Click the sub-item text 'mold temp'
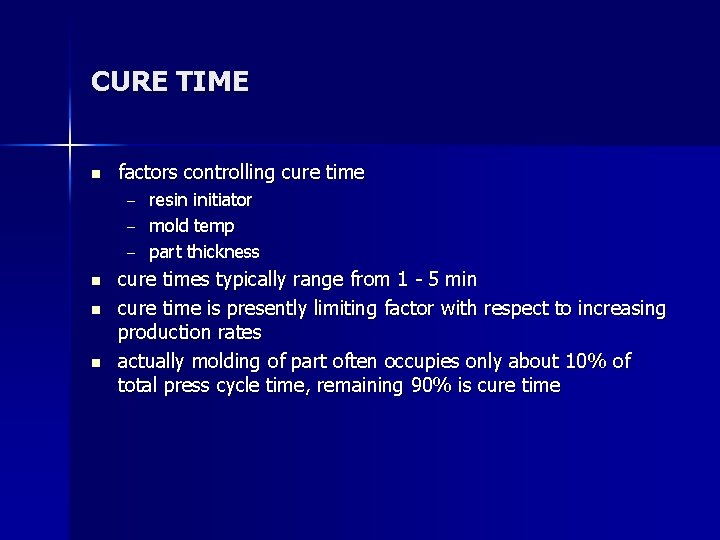[x=192, y=226]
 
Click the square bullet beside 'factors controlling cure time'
[x=95, y=174]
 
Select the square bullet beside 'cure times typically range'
[x=95, y=281]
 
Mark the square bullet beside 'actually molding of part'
[x=95, y=362]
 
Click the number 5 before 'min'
[x=435, y=279]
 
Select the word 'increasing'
[x=620, y=309]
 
